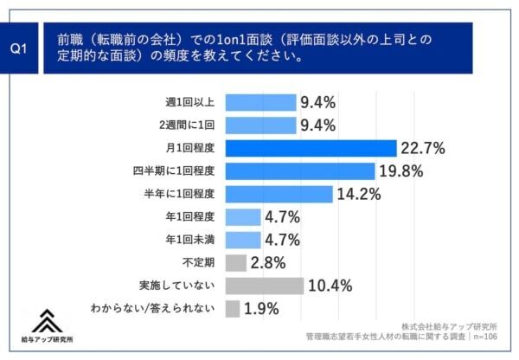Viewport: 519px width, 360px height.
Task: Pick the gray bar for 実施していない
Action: tap(264, 286)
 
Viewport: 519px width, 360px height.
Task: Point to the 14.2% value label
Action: tap(359, 194)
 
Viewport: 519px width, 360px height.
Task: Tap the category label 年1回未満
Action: tap(189, 240)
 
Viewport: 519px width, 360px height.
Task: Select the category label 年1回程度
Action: tap(189, 217)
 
